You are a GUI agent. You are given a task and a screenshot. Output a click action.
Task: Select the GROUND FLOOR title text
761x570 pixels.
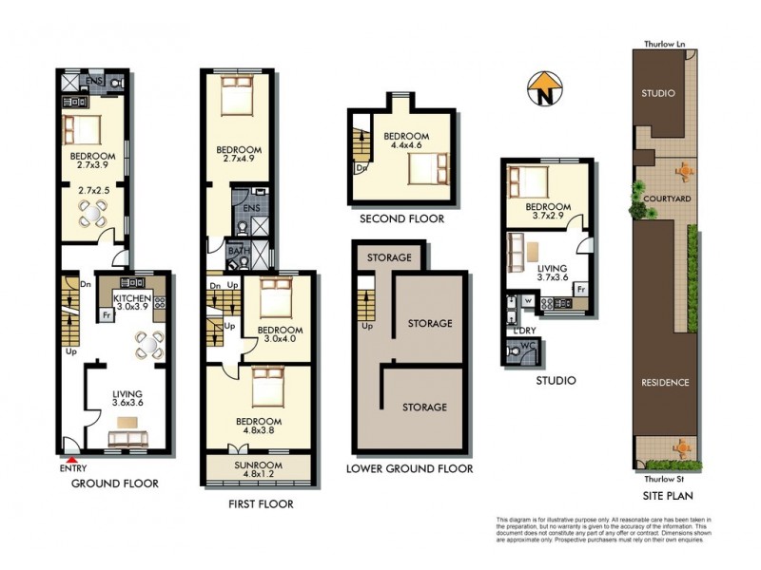115,484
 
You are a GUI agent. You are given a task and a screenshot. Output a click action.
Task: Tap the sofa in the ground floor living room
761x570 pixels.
128,438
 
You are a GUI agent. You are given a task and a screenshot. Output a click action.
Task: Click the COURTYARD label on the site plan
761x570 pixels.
666,199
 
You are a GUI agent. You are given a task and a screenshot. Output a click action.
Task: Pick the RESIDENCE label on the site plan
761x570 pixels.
665,382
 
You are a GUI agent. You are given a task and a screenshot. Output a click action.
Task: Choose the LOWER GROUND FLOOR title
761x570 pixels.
409,469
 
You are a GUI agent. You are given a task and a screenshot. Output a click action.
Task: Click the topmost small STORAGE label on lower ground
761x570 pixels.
388,257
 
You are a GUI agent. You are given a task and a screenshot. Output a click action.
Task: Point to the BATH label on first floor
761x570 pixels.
235,251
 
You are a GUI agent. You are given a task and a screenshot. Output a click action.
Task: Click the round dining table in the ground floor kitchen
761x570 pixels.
147,344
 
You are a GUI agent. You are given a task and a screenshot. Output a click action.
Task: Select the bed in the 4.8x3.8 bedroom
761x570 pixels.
262,388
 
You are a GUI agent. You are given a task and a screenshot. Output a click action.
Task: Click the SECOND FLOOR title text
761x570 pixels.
401,219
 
